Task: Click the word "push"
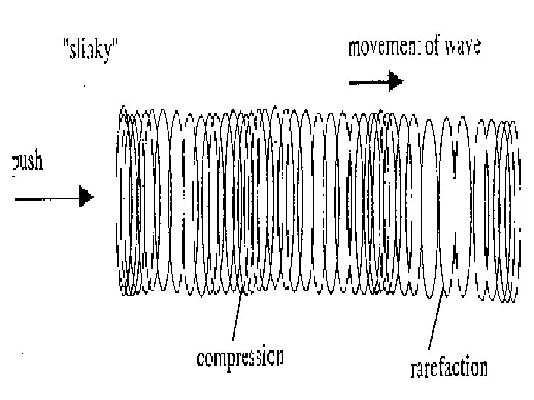coord(27,164)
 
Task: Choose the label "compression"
coord(240,359)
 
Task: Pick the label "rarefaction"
coord(449,367)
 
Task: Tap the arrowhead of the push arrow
coord(88,197)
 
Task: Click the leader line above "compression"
coord(237,319)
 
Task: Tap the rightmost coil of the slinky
coord(513,207)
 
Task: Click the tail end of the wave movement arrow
coord(350,82)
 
